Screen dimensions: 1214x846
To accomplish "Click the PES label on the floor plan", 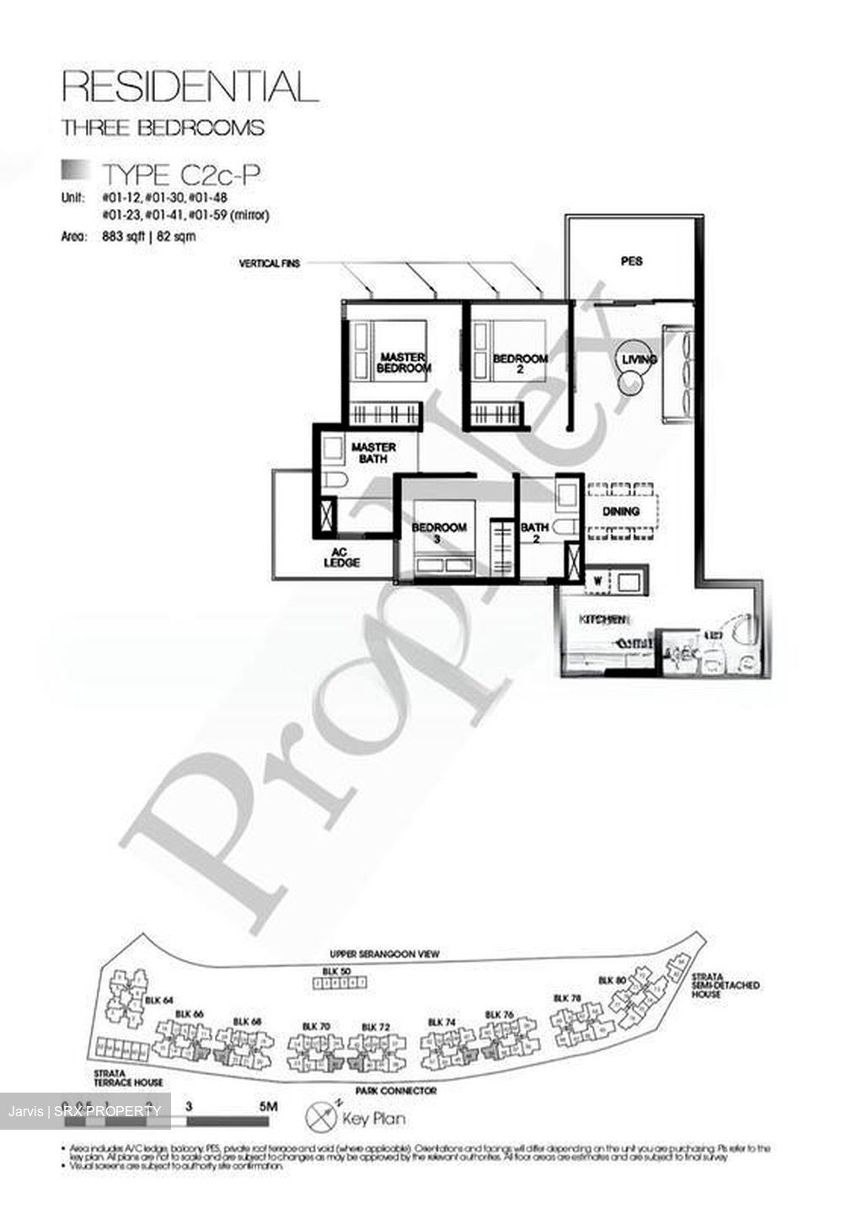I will point(631,261).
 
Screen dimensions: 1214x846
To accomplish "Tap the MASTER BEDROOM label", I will point(403,363).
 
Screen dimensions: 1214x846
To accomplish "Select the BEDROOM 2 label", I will point(520,363).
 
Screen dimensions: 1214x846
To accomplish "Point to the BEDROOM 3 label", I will point(439,533).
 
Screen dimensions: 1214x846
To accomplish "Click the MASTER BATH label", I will point(373,453).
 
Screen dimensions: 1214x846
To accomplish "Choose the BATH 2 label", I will point(535,533).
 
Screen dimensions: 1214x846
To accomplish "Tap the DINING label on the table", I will point(621,512).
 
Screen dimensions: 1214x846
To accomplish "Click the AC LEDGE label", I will point(342,558).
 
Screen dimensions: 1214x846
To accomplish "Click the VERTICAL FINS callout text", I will point(270,264).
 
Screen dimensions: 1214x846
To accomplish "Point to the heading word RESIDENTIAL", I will point(191,87).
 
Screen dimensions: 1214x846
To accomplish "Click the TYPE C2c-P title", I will point(180,175).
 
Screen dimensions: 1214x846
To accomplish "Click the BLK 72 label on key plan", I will point(375,1027).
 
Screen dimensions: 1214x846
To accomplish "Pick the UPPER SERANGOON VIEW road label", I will point(384,954).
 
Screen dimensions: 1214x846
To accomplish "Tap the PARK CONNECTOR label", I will point(396,1091).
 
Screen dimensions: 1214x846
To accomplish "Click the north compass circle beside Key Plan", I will point(322,1117).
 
